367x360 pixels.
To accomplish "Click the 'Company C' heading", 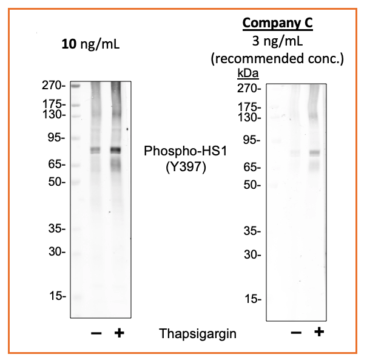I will click(277, 24).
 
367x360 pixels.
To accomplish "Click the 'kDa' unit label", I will click(247, 73).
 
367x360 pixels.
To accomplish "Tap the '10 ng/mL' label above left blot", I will click(90, 44).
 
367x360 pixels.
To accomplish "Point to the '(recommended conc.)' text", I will click(277, 59).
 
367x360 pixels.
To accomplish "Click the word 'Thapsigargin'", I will click(197, 333).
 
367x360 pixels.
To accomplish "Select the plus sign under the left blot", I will click(120, 333).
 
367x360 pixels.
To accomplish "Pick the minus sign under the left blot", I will click(95, 333).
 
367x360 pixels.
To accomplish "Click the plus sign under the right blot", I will click(319, 332).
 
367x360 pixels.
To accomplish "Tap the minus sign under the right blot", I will click(296, 333).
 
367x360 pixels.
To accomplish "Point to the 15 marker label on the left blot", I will click(57, 296).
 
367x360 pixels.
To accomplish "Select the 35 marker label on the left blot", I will click(57, 229).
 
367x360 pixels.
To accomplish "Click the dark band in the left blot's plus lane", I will click(115, 150).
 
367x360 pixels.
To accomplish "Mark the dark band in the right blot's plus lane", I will click(314, 152).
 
